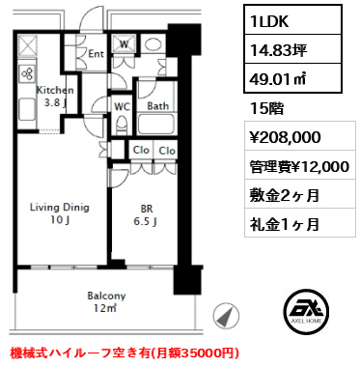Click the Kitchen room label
pos(55,90)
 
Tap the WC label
pos(122,106)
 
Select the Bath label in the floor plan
pos(157,105)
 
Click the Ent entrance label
pos(96,54)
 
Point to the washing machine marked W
pos(125,43)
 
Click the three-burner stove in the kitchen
pos(27,72)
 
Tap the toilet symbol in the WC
pos(122,126)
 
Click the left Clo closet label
pos(141,150)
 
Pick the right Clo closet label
pos(167,151)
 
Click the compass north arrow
pos(226,316)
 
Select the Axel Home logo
pos(307,311)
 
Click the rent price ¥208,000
pos(285,137)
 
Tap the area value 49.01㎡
pos(278,78)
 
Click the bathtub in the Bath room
pos(156,124)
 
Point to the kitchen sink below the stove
pos(27,109)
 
